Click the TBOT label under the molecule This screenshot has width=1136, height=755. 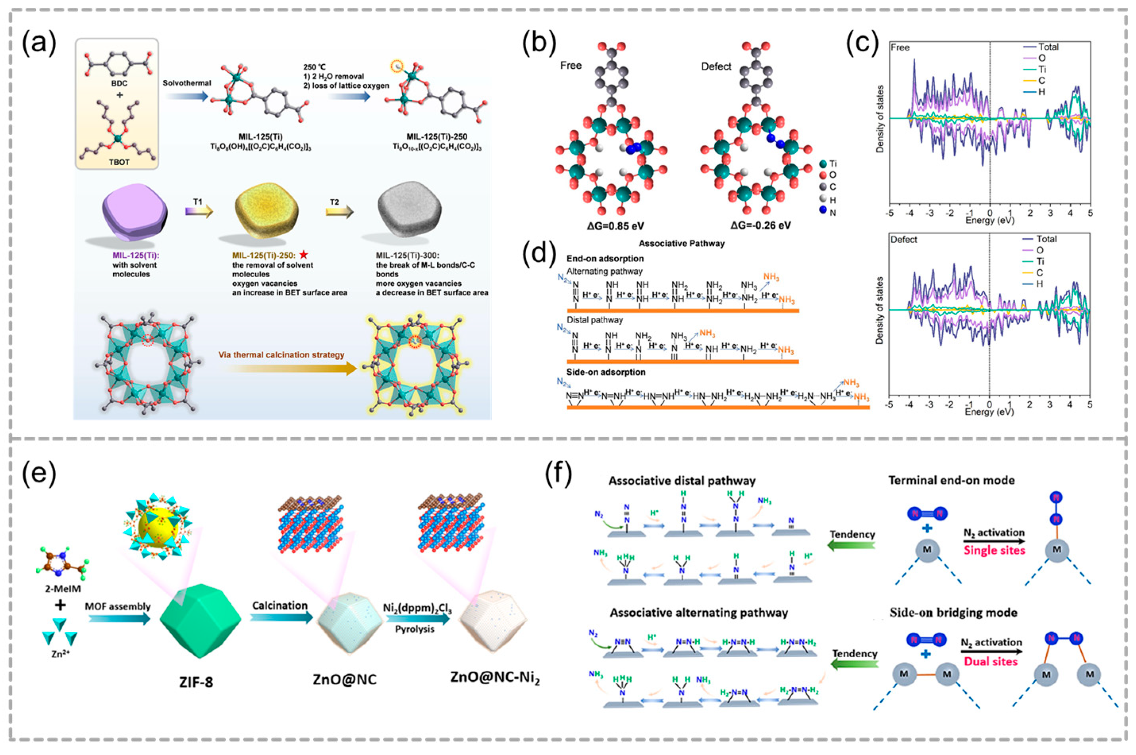[x=119, y=162]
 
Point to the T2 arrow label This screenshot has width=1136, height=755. [x=334, y=202]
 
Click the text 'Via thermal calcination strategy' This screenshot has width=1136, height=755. [x=281, y=355]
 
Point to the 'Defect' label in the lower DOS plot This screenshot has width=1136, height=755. [x=903, y=240]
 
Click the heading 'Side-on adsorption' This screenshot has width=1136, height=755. [x=606, y=372]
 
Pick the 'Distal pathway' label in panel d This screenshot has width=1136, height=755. [x=594, y=320]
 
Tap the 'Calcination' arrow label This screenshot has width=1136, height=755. [x=280, y=606]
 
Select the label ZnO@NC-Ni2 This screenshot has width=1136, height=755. [x=495, y=678]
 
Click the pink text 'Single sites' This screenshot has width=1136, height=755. [x=994, y=550]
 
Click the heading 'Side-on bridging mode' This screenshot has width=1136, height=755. [x=953, y=612]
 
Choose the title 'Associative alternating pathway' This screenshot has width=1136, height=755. [x=699, y=612]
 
